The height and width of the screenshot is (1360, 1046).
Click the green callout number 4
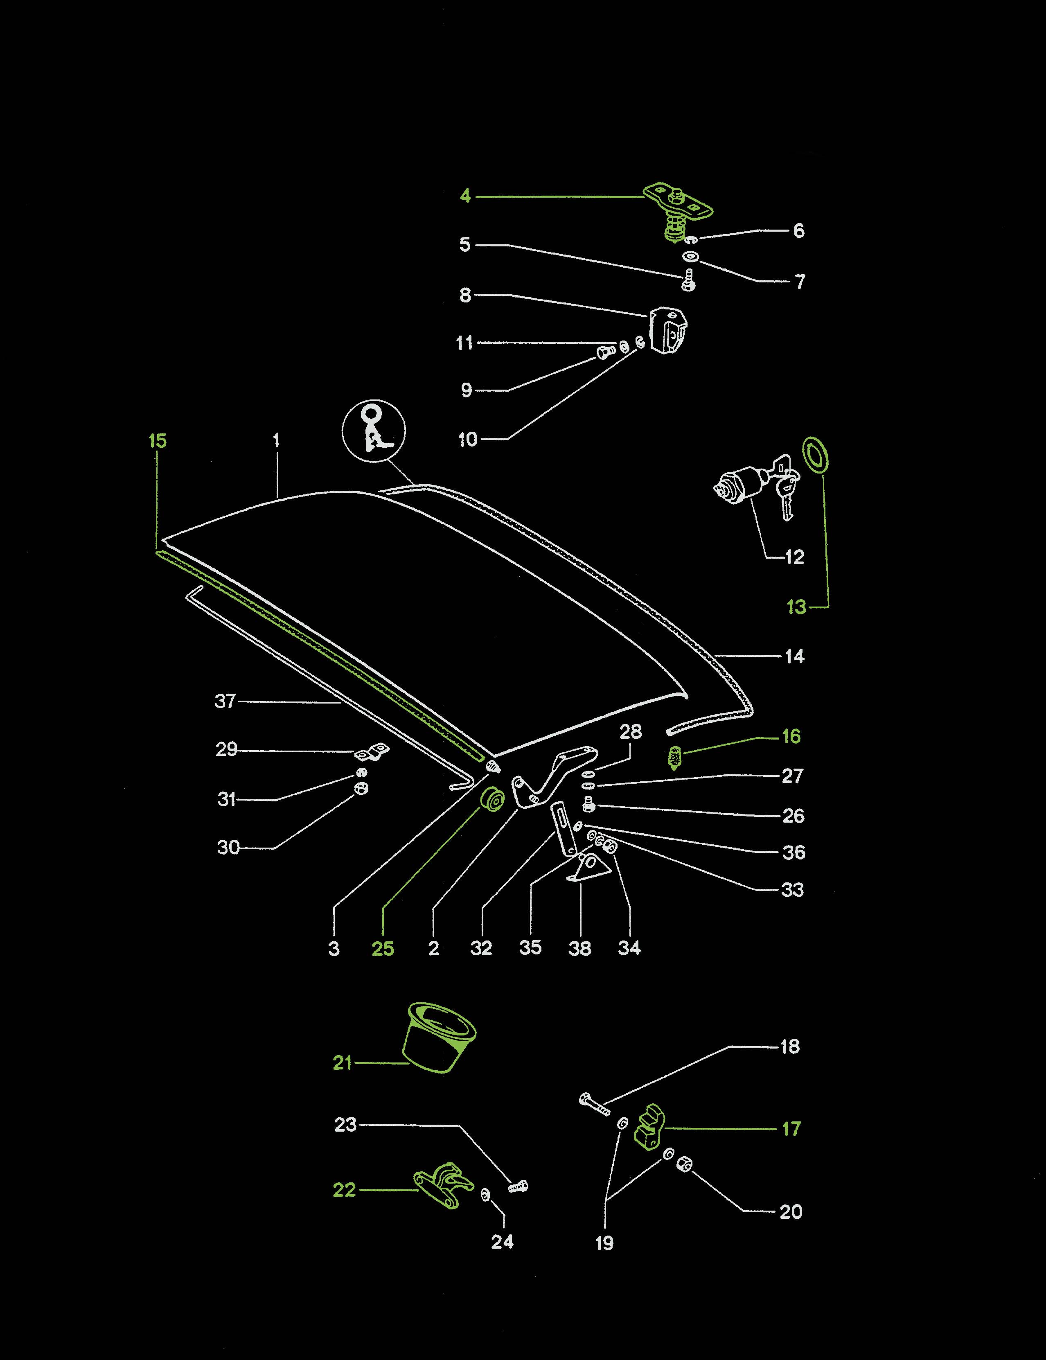click(465, 196)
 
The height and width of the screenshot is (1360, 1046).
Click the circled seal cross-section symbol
click(374, 431)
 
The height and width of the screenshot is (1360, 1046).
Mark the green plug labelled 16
click(674, 758)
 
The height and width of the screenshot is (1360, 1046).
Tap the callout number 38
click(579, 948)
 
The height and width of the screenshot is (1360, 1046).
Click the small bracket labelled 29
click(371, 752)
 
